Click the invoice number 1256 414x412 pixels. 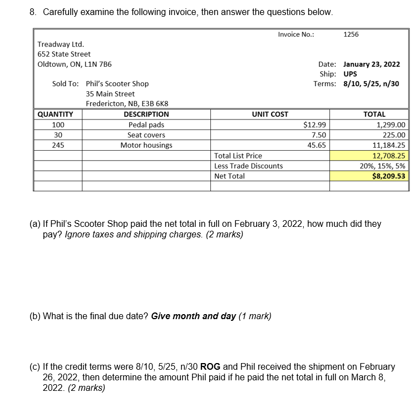point(351,34)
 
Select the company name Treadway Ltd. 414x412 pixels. point(61,44)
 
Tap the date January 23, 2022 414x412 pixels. point(372,64)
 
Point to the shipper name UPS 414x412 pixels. point(351,74)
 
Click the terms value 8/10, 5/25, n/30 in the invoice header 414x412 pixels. point(372,84)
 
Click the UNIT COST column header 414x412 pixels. point(270,115)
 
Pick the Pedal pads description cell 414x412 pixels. point(146,125)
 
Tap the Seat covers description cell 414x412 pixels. point(146,135)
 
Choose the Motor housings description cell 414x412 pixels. point(146,145)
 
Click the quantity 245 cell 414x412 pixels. point(58,145)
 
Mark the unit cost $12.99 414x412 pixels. point(315,125)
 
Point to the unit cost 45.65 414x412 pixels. point(317,145)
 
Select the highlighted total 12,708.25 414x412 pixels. point(389,156)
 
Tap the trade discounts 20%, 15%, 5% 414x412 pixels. point(383,166)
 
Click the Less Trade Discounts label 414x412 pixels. point(248,166)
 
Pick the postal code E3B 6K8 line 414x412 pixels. point(127,104)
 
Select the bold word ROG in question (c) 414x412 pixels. point(210,367)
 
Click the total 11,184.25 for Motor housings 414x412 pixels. point(389,145)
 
